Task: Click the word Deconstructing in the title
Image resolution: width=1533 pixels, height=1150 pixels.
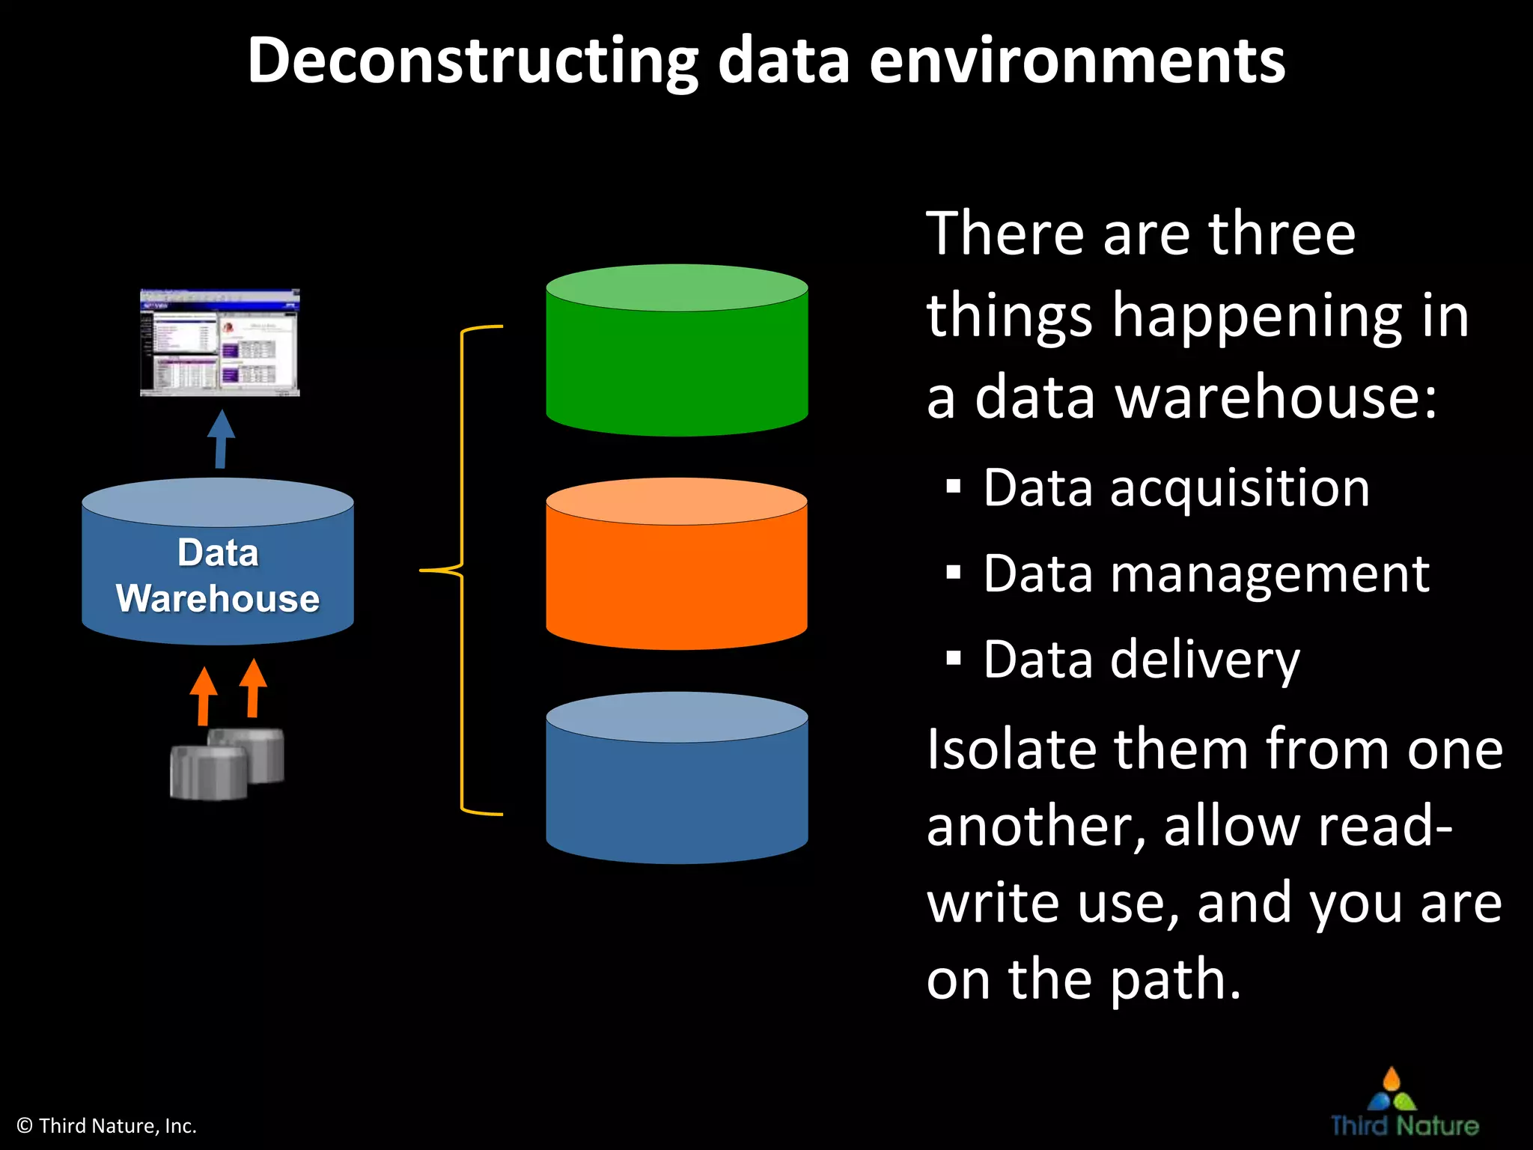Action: click(472, 61)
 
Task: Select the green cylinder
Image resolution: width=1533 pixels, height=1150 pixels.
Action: click(677, 359)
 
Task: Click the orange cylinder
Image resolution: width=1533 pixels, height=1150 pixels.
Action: click(677, 573)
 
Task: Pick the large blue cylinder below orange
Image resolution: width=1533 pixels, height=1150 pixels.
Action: click(677, 786)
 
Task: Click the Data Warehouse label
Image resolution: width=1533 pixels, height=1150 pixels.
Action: click(218, 576)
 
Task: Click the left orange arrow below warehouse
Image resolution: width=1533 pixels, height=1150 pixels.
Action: click(203, 696)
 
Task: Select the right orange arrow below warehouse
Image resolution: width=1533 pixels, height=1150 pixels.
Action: click(253, 689)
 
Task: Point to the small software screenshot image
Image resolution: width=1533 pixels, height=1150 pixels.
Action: click(220, 342)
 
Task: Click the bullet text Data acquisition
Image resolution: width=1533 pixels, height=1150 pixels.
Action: click(1176, 488)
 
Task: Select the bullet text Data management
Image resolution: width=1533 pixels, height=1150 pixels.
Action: click(1206, 574)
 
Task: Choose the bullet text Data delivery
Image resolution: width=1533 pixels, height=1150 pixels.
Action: click(1141, 660)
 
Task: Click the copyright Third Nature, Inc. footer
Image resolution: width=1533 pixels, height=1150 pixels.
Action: click(106, 1126)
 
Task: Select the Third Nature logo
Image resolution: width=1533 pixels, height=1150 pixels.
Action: click(1404, 1104)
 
